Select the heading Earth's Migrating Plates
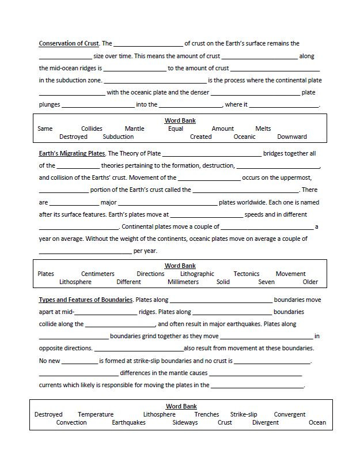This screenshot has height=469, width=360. [x=72, y=153]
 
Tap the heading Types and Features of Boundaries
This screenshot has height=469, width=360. [x=86, y=300]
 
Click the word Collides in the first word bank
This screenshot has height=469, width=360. [x=92, y=128]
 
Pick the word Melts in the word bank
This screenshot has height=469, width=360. [x=263, y=128]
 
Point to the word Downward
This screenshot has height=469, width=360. [x=291, y=137]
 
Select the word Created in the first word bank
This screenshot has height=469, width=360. [x=200, y=137]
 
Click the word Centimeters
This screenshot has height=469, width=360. [x=97, y=274]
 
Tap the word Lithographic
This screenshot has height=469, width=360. [x=197, y=274]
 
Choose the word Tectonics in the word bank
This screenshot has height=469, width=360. [x=247, y=274]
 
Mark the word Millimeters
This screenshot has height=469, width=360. [x=183, y=282]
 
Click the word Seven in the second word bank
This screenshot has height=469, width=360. [x=266, y=282]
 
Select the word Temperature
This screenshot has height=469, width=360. [x=96, y=414]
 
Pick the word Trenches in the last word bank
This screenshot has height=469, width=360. [x=206, y=414]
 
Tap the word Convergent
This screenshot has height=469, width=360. [x=290, y=414]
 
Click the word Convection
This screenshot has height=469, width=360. [x=71, y=422]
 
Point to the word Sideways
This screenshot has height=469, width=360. [x=185, y=422]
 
